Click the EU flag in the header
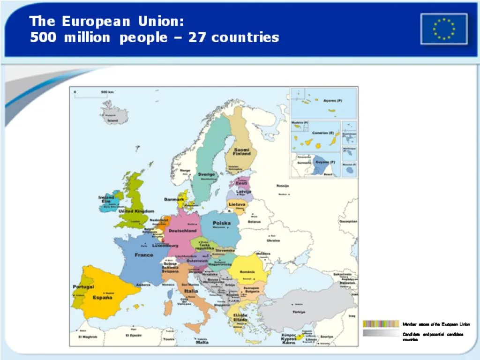(443, 29)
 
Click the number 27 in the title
(197, 37)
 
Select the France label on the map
(144, 255)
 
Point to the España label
(102, 297)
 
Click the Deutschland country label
(182, 231)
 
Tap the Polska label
(222, 223)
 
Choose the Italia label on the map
(191, 291)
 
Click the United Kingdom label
(136, 211)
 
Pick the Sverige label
(206, 174)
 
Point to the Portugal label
(83, 287)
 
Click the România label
(247, 272)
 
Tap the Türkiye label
(299, 312)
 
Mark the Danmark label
(174, 200)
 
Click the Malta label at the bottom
(202, 342)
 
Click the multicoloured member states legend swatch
(381, 324)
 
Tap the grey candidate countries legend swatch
(381, 333)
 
